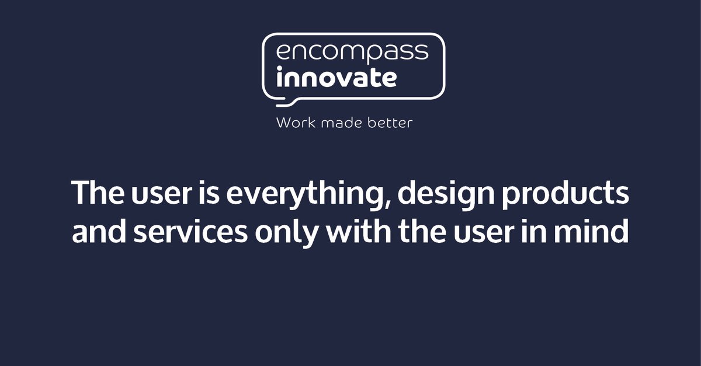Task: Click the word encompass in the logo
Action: point(352,53)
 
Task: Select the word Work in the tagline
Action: point(292,123)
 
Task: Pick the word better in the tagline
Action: point(390,123)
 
